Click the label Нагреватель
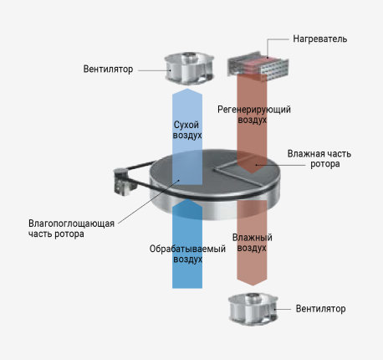319,39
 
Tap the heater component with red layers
258,66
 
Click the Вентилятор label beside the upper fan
108,69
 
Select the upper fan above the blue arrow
190,68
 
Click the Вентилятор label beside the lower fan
320,309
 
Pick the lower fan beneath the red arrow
253,309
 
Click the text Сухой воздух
187,130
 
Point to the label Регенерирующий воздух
254,115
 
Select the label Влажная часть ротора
319,159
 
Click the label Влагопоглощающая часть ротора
71,229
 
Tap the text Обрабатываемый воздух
187,254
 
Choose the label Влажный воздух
252,243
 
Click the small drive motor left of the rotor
123,181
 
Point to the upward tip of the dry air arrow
187,89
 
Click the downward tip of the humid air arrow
253,285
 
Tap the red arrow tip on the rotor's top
252,173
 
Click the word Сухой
186,125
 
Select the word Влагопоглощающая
71,224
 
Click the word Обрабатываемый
187,249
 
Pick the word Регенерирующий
254,110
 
